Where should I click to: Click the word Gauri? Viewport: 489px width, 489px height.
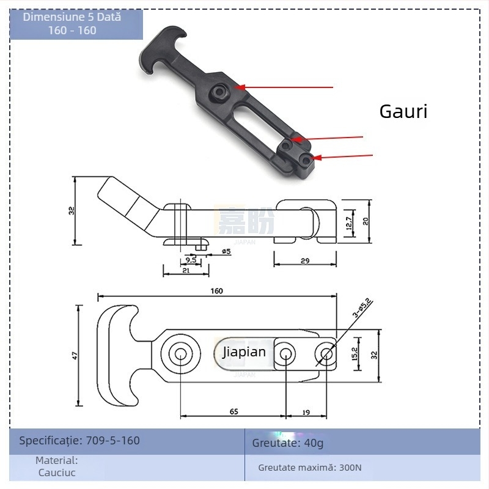click(x=403, y=111)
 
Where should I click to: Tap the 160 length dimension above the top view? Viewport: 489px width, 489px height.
click(x=216, y=291)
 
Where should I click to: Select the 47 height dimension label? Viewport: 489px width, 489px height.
click(x=75, y=355)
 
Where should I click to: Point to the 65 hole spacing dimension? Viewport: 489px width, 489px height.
click(x=233, y=412)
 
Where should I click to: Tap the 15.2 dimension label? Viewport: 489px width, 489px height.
click(x=355, y=353)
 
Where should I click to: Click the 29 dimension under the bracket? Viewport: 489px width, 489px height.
click(x=304, y=260)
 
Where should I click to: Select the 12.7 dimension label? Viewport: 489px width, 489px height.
click(x=348, y=222)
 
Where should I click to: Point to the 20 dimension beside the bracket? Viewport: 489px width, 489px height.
click(x=366, y=221)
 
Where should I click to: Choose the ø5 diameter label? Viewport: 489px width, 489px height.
click(x=225, y=251)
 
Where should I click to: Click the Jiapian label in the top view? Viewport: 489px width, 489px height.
click(x=244, y=352)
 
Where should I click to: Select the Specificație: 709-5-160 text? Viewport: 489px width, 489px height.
click(x=79, y=440)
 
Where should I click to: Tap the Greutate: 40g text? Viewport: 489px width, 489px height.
click(x=288, y=443)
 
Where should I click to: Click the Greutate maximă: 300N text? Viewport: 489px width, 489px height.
click(x=310, y=468)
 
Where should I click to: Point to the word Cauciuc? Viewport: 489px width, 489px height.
click(x=57, y=472)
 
